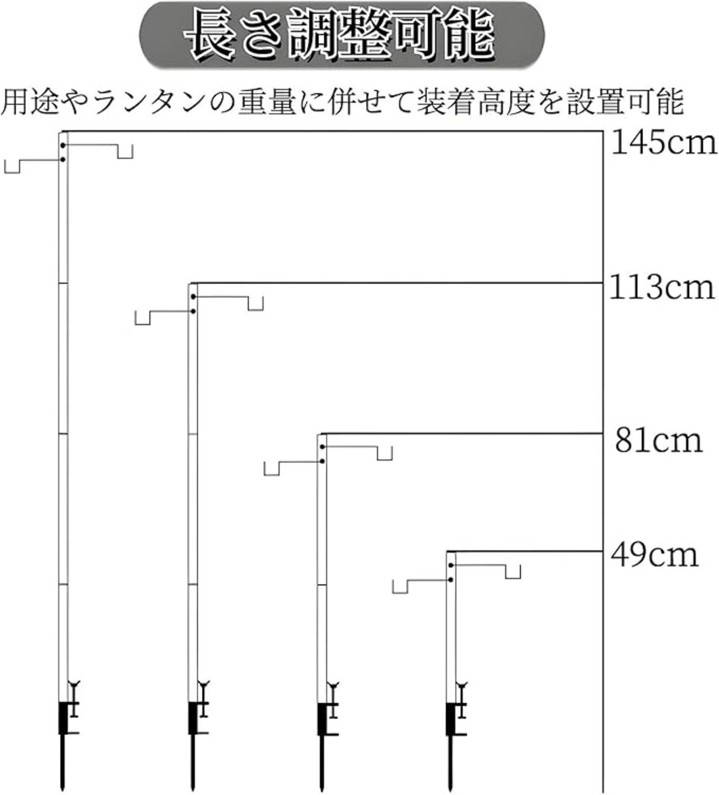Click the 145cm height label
click(665, 143)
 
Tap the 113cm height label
click(662, 287)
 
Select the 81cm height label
click(659, 440)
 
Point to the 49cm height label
click(654, 556)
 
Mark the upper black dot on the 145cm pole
click(63, 146)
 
